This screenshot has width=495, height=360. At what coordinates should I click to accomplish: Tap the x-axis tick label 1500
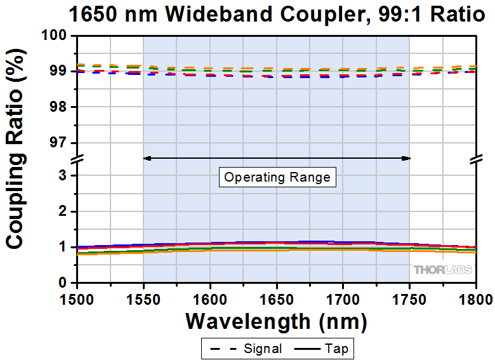click(x=77, y=297)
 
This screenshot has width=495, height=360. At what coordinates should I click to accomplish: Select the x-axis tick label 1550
click(x=143, y=297)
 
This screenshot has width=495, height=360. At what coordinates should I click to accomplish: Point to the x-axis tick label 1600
click(x=210, y=297)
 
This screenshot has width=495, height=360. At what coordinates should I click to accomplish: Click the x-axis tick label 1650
click(x=277, y=297)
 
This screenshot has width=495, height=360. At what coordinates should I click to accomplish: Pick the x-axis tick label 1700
click(x=343, y=297)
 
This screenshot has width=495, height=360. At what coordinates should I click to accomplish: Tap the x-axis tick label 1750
click(x=409, y=297)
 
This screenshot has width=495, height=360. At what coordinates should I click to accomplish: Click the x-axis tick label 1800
click(x=475, y=297)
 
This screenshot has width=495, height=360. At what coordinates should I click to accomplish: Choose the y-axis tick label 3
click(x=63, y=176)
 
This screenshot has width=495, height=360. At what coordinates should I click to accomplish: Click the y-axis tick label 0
click(x=63, y=283)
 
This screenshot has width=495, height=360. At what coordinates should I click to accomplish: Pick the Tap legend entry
click(x=323, y=349)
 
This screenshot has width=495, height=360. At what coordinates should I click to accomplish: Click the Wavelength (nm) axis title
click(x=276, y=321)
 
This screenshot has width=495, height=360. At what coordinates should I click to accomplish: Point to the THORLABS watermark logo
click(x=443, y=270)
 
